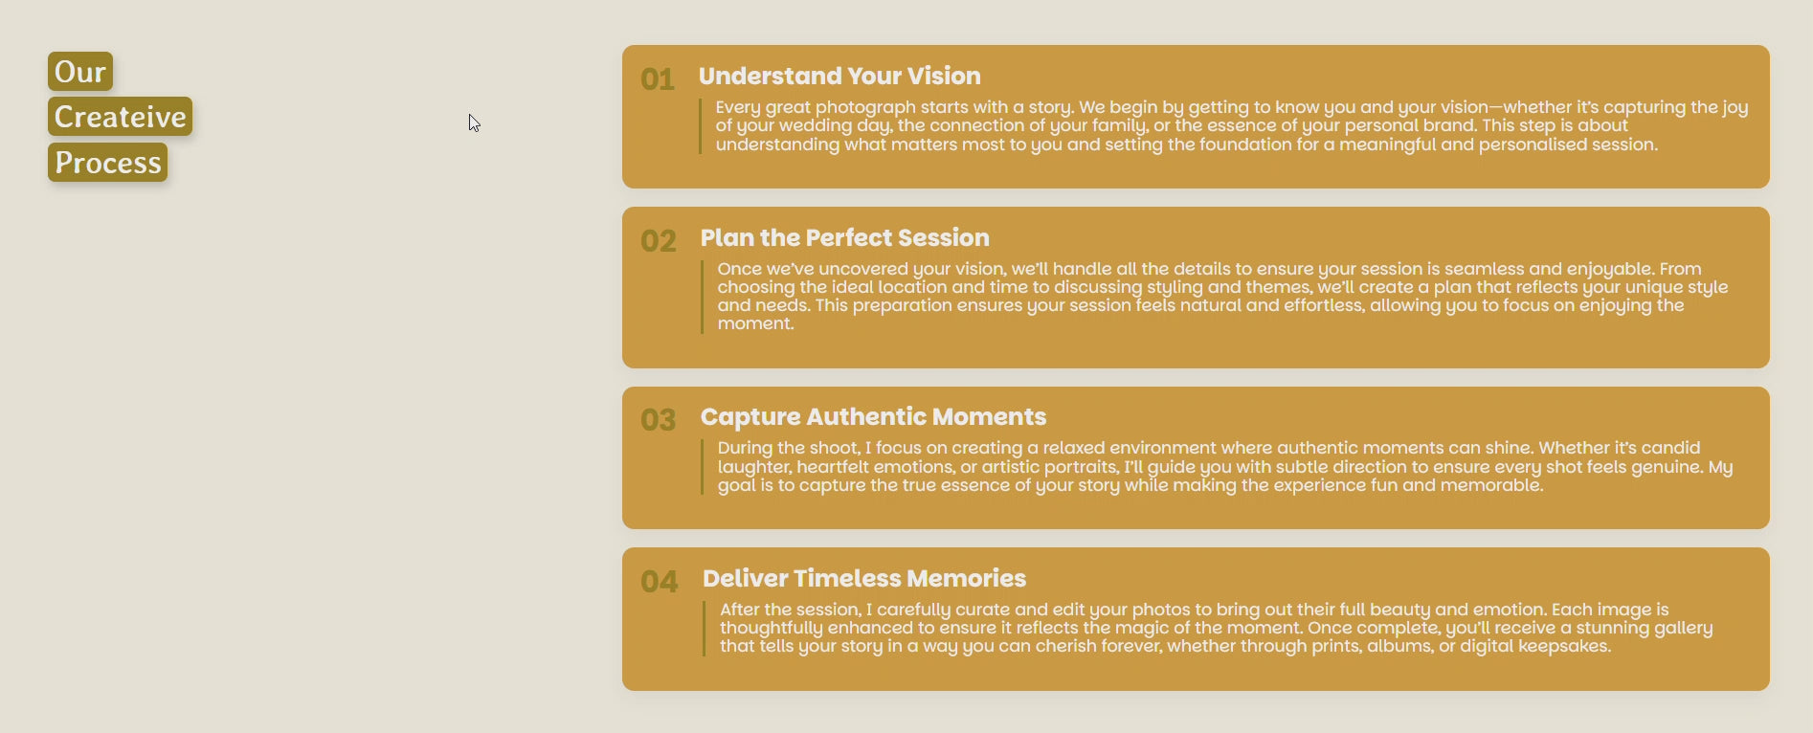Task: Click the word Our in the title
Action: tap(80, 72)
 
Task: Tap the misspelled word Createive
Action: tap(121, 117)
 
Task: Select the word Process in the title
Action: tap(108, 163)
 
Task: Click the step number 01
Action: tap(658, 79)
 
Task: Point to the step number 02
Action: tap(659, 241)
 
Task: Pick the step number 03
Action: tap(659, 420)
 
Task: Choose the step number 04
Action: tap(660, 582)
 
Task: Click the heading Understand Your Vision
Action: tap(839, 76)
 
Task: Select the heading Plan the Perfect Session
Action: tap(845, 237)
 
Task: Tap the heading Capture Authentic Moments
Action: tap(873, 416)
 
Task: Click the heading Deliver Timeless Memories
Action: tap(864, 578)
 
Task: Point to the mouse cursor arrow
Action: tap(474, 122)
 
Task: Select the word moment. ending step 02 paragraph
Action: tap(756, 323)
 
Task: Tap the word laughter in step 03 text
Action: tap(754, 467)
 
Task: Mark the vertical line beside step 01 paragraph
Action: tap(700, 125)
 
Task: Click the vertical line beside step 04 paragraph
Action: tap(704, 628)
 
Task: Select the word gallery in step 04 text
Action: tap(1683, 628)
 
